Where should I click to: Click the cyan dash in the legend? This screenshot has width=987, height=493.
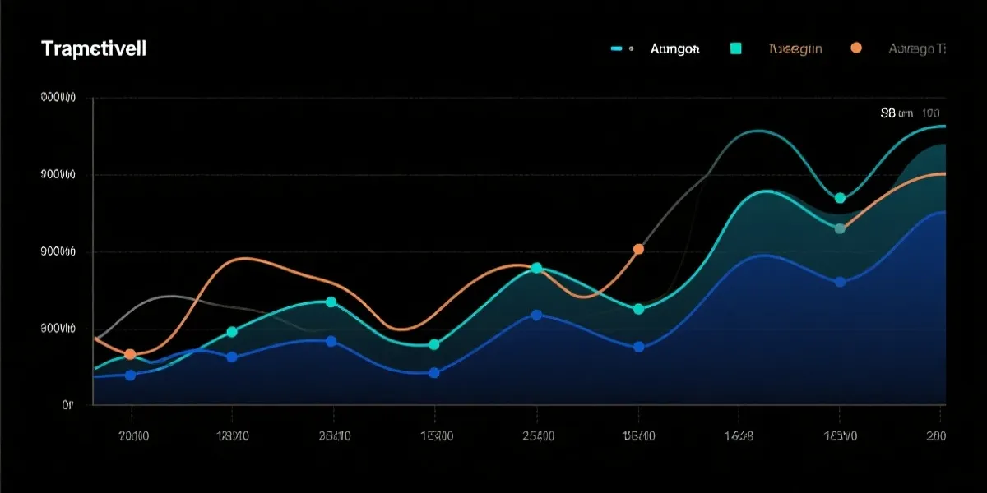[618, 49]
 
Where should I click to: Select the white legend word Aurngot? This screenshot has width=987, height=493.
[674, 49]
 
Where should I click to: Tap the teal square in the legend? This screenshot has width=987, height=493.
[735, 49]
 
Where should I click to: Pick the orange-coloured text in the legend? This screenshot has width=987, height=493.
[795, 49]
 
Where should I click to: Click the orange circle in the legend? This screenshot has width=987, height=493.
[856, 48]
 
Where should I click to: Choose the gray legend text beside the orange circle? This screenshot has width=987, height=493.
[916, 49]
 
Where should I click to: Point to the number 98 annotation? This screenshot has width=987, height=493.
[887, 113]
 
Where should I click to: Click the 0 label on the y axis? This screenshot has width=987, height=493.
[67, 404]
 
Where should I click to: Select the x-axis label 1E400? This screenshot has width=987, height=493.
[435, 435]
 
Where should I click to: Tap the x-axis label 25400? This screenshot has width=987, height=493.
[536, 435]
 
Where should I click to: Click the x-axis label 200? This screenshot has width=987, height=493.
[936, 435]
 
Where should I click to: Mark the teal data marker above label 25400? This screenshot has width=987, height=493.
[536, 268]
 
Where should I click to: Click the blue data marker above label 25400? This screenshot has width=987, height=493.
[536, 315]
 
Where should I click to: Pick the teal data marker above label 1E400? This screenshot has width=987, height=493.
[434, 344]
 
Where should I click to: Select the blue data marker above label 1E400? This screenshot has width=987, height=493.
[434, 372]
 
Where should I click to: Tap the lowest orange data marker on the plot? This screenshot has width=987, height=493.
[130, 354]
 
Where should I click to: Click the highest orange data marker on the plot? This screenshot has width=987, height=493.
[638, 248]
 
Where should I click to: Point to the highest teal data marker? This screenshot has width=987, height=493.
[840, 198]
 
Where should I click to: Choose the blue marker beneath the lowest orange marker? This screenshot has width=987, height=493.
[130, 375]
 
